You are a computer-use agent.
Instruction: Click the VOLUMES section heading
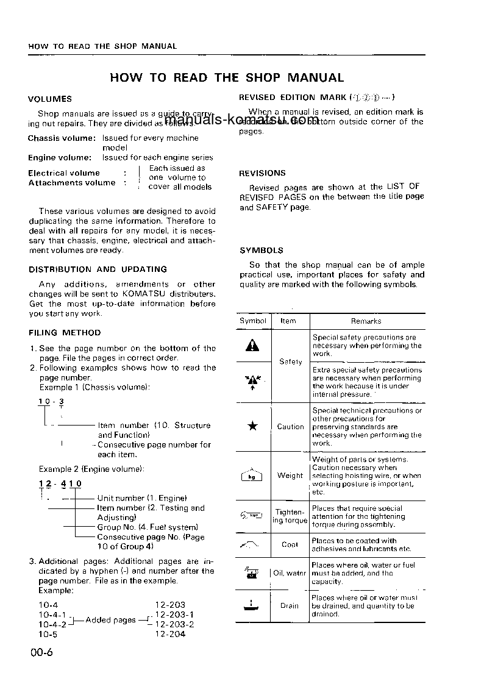tap(50, 99)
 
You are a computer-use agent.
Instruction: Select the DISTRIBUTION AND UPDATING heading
tap(98, 269)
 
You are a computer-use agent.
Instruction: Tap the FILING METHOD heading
tap(65, 333)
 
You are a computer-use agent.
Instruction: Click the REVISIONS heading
tap(262, 173)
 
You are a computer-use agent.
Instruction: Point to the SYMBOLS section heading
tap(262, 250)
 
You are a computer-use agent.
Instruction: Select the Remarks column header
tap(366, 321)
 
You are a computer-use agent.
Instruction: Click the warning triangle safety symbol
tap(252, 346)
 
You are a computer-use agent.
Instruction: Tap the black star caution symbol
tap(252, 427)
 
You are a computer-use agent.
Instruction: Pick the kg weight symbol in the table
tap(252, 476)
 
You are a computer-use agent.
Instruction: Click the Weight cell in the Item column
tap(290, 476)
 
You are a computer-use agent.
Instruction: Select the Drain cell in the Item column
tap(290, 606)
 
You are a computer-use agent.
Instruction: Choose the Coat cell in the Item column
tap(290, 544)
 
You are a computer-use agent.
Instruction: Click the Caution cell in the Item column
tap(290, 427)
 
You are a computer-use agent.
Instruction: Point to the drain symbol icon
tap(252, 606)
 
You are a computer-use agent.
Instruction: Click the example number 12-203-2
tap(174, 624)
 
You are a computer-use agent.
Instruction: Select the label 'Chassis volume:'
tap(62, 138)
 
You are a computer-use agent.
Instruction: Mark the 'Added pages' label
tap(110, 620)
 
